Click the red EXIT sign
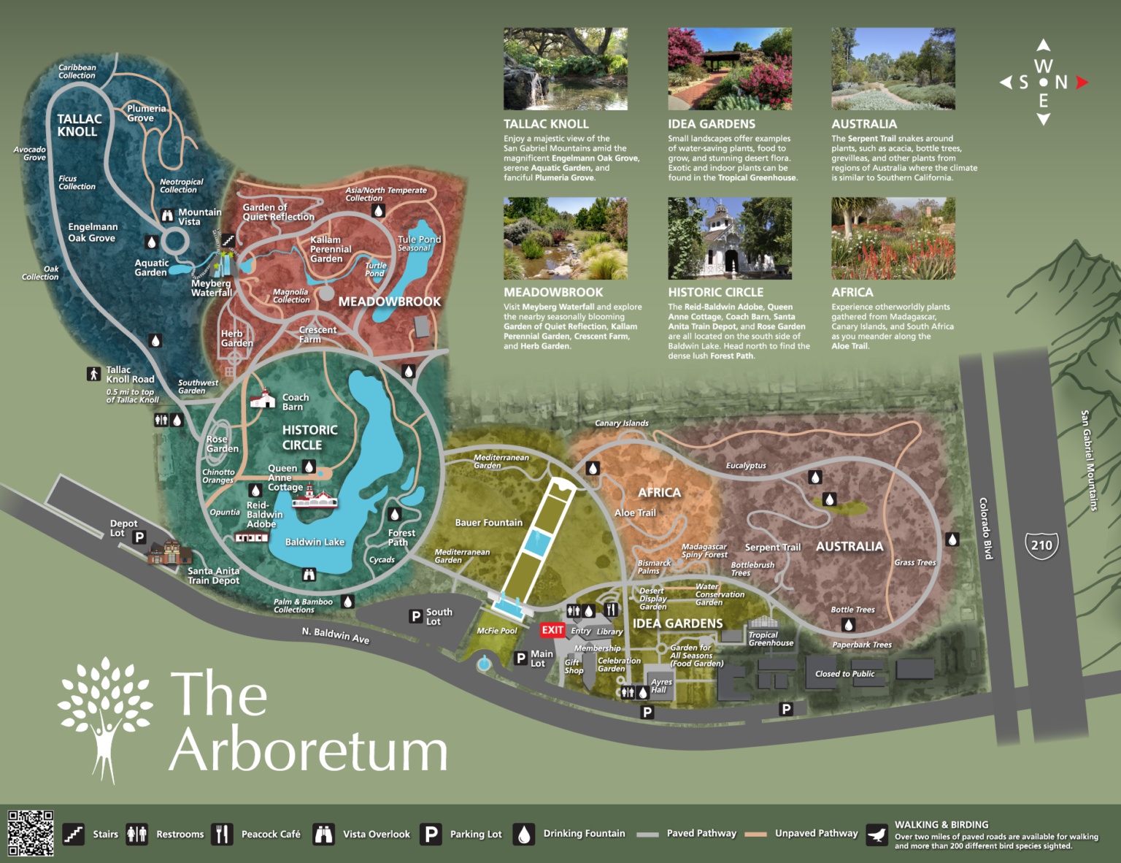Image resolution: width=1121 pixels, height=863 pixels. click(x=552, y=630)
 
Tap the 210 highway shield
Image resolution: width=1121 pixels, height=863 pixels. click(x=1041, y=545)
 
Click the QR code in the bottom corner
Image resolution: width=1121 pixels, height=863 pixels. click(x=30, y=832)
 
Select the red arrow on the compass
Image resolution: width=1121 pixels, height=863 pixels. click(x=1082, y=83)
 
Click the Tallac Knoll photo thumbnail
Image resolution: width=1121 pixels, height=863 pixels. click(x=565, y=69)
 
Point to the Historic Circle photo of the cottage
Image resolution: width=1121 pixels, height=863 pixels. click(x=729, y=238)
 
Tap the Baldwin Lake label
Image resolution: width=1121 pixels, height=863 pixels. click(x=315, y=542)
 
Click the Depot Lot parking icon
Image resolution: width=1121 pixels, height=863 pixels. click(x=139, y=537)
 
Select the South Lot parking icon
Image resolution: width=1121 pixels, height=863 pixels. click(x=415, y=616)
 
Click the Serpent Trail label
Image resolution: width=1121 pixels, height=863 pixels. click(x=772, y=547)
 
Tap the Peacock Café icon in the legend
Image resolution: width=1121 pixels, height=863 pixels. click(x=222, y=834)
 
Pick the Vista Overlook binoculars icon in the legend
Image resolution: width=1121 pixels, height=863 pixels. click(x=323, y=834)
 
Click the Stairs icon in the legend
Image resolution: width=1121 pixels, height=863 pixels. click(x=73, y=834)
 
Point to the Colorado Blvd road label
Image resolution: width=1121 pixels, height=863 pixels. click(x=985, y=529)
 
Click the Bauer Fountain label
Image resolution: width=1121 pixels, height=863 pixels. click(x=488, y=523)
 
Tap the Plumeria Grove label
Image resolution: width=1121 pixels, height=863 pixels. click(x=146, y=113)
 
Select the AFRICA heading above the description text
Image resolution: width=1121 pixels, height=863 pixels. click(x=852, y=292)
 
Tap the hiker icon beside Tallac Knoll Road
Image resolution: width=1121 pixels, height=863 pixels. click(x=93, y=374)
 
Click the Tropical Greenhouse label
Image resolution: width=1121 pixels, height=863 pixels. click(x=770, y=639)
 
